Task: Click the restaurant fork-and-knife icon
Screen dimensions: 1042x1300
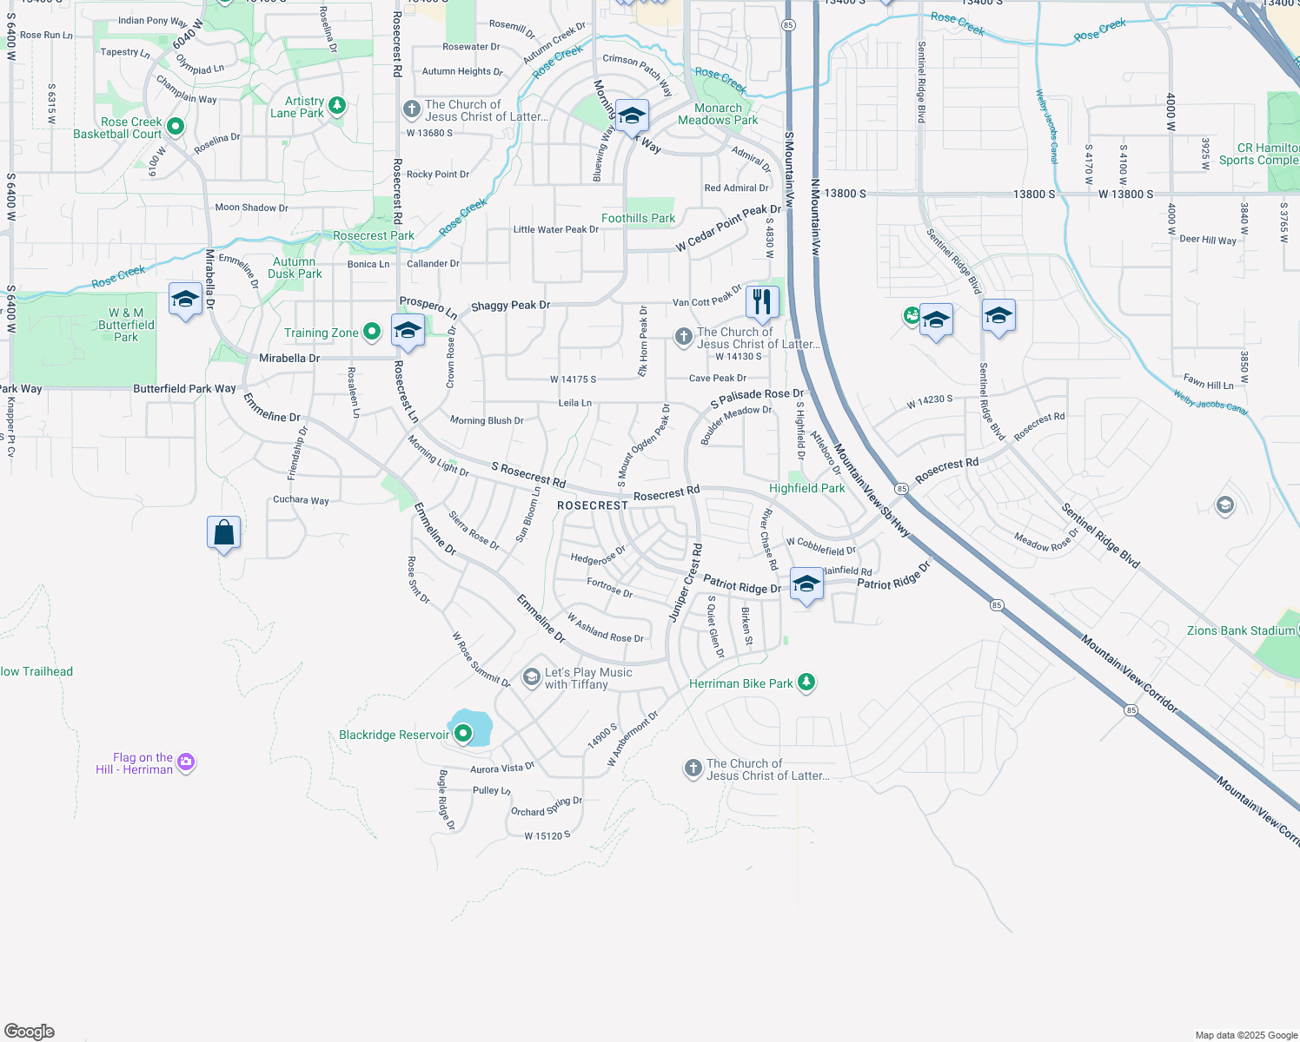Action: [762, 302]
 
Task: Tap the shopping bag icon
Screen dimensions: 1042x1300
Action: [223, 532]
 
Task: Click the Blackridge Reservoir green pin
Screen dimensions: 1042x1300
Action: [464, 735]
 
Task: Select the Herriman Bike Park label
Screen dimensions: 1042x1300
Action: [740, 683]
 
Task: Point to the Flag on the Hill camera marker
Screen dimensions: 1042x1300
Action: [186, 762]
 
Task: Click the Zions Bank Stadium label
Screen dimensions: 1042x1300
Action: [1240, 630]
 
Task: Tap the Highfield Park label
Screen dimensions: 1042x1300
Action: [806, 488]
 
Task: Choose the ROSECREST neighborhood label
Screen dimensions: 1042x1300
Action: [592, 505]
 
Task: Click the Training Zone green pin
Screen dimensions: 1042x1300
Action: [372, 332]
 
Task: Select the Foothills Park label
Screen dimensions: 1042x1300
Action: [638, 218]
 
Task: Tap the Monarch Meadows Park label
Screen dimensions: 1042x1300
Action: [718, 114]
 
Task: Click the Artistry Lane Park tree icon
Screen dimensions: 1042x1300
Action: [337, 106]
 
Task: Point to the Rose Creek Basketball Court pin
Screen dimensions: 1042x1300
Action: [176, 127]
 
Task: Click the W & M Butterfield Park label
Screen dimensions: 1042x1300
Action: [126, 325]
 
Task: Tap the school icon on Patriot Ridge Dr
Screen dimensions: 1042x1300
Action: [806, 584]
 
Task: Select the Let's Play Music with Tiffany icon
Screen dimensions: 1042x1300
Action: [532, 677]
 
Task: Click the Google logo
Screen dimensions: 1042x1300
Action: [30, 1032]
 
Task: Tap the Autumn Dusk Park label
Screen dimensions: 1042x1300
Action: [295, 267]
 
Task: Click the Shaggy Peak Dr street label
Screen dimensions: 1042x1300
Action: [510, 306]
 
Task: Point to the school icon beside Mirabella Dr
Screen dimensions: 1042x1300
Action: [185, 300]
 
